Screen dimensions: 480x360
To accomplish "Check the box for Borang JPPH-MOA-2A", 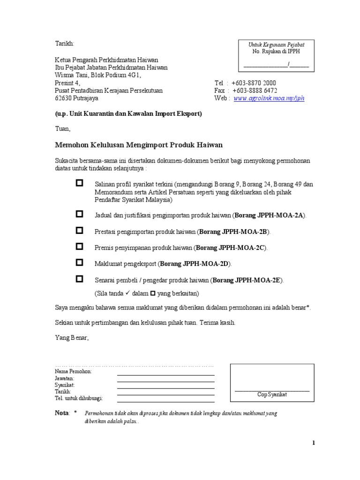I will pyautogui.click(x=79, y=214).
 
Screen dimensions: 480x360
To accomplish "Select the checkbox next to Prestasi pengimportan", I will pyautogui.click(x=79, y=230).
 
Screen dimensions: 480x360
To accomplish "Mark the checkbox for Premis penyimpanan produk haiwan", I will pyautogui.click(x=79, y=246).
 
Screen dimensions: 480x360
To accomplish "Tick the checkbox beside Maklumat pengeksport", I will pyautogui.click(x=79, y=262).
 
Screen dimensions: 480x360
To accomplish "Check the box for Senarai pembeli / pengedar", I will pyautogui.click(x=79, y=279).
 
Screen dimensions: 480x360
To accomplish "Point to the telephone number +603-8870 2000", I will pyautogui.click(x=254, y=83).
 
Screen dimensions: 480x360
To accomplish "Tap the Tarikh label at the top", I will pyautogui.click(x=64, y=44).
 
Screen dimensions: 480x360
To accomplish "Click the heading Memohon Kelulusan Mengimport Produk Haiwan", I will pyautogui.click(x=139, y=145).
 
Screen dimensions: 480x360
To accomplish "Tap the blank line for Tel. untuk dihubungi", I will pyautogui.click(x=165, y=401).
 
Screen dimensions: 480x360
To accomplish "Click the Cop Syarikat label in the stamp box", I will pyautogui.click(x=272, y=395).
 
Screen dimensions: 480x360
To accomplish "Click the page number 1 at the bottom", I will pyautogui.click(x=314, y=443).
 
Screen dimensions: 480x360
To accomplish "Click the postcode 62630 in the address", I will pyautogui.click(x=64, y=98).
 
